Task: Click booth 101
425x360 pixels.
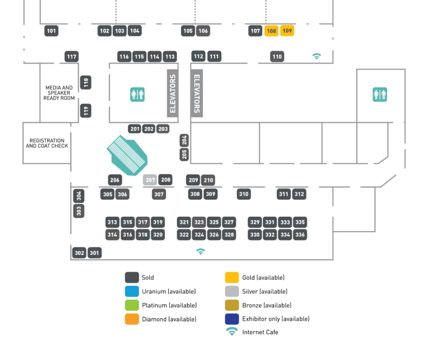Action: (51, 31)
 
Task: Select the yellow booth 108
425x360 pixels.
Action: (271, 31)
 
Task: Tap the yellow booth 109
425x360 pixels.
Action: (287, 31)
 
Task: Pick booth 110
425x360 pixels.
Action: (277, 56)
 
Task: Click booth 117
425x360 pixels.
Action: (71, 56)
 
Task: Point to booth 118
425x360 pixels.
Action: (86, 83)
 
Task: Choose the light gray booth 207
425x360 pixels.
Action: (150, 180)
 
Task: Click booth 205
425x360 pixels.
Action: (184, 154)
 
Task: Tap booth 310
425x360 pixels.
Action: (243, 194)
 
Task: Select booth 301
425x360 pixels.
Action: (95, 253)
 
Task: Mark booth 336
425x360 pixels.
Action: (300, 234)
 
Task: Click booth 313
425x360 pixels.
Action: (112, 222)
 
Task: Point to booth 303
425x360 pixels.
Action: (79, 211)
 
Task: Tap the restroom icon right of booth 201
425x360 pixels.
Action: (137, 95)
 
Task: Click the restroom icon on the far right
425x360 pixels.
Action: (380, 95)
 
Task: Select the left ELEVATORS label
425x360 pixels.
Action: (173, 93)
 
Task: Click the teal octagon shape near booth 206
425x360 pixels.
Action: (128, 155)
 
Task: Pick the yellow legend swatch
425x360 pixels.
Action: (232, 278)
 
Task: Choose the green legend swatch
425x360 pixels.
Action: (132, 305)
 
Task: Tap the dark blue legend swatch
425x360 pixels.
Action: (232, 319)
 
